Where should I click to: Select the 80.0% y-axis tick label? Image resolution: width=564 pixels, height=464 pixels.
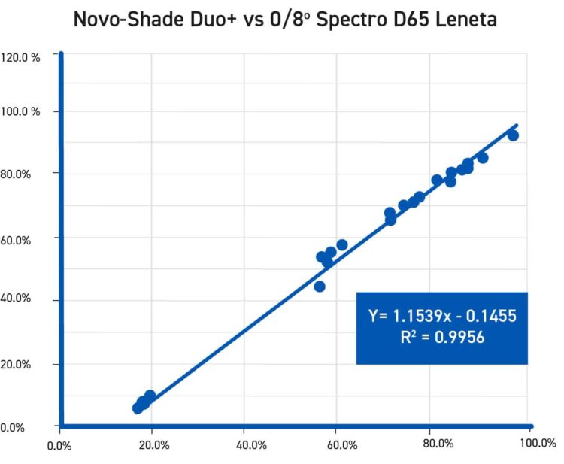pyautogui.click(x=16, y=174)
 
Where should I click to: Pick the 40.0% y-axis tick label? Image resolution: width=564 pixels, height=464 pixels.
pyautogui.click(x=16, y=299)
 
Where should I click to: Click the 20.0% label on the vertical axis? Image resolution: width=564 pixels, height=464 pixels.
pyautogui.click(x=16, y=364)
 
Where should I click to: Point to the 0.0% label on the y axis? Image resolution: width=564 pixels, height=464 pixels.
pyautogui.click(x=13, y=428)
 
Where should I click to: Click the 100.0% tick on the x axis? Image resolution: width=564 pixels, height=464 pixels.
pyautogui.click(x=538, y=444)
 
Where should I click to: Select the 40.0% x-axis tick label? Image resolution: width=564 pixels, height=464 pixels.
pyautogui.click(x=251, y=444)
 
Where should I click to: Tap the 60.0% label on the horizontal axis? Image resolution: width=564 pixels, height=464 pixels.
pyautogui.click(x=342, y=444)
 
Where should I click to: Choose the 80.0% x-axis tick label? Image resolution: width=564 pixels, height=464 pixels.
pyautogui.click(x=438, y=444)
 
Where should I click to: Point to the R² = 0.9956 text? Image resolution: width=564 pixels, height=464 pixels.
pyautogui.click(x=442, y=338)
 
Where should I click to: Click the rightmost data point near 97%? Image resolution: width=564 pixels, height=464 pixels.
pyautogui.click(x=513, y=135)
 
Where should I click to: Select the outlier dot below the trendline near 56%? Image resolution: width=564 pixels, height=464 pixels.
pyautogui.click(x=320, y=287)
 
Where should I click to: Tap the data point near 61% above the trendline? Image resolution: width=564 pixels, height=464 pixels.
pyautogui.click(x=342, y=244)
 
